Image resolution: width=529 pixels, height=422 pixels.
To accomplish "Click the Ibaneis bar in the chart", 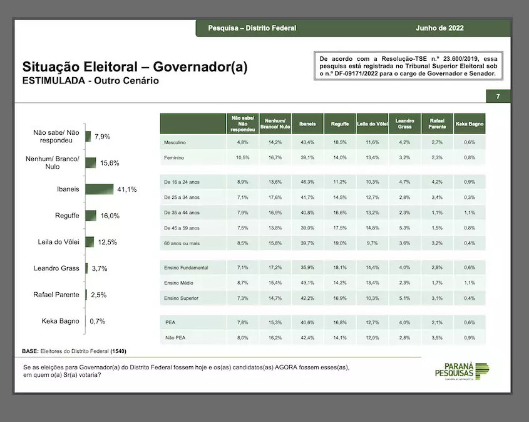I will pyautogui.click(x=99, y=189).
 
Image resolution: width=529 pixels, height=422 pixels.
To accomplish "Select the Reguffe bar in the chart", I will pyautogui.click(x=91, y=216).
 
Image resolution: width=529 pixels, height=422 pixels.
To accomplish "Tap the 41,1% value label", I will pyautogui.click(x=126, y=189).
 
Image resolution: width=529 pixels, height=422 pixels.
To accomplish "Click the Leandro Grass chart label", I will pyautogui.click(x=56, y=268).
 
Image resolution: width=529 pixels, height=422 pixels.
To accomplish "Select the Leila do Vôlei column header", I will pyautogui.click(x=372, y=124).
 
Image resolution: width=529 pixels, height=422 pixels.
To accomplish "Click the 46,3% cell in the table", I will pyautogui.click(x=307, y=181).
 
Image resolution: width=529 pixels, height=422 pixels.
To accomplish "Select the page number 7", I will pyautogui.click(x=498, y=97).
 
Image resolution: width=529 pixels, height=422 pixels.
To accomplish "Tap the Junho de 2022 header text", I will pyautogui.click(x=439, y=28).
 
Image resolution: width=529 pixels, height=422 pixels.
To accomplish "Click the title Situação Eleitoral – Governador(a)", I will pyautogui.click(x=135, y=67).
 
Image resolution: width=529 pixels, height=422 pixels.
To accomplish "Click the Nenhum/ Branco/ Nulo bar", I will pyautogui.click(x=91, y=163).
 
